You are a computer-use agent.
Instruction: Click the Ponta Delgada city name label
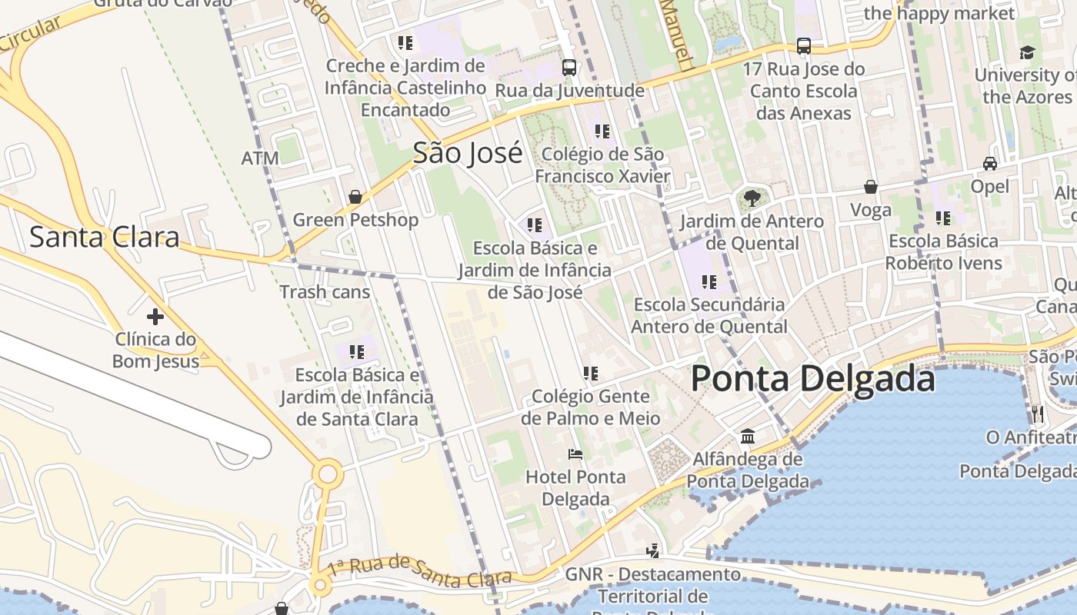tap(812, 379)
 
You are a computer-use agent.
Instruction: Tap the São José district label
tap(468, 153)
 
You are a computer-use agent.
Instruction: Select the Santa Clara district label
tap(104, 237)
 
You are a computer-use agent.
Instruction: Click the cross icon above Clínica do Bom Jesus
tap(155, 316)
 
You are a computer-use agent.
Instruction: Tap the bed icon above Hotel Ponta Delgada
tap(575, 454)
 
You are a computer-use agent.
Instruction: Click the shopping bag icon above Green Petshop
tap(355, 198)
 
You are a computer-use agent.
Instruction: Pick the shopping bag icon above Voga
tap(871, 187)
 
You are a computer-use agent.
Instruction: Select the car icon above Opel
tap(990, 164)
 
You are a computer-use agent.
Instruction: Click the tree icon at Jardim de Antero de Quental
tap(752, 198)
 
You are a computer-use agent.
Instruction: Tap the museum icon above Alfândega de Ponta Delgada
tap(747, 437)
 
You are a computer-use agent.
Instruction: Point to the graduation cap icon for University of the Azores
tap(1027, 53)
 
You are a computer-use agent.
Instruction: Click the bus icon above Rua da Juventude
tap(569, 68)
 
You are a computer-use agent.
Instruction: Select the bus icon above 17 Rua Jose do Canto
tap(804, 46)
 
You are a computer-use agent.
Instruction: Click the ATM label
tap(260, 158)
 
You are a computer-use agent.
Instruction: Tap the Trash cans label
tap(325, 292)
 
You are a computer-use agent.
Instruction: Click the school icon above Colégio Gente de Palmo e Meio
tap(590, 374)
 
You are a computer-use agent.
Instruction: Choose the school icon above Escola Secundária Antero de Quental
tap(709, 282)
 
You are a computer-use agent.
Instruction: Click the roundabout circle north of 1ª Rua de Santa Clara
tap(328, 474)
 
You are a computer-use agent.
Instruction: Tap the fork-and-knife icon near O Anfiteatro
tap(1038, 414)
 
